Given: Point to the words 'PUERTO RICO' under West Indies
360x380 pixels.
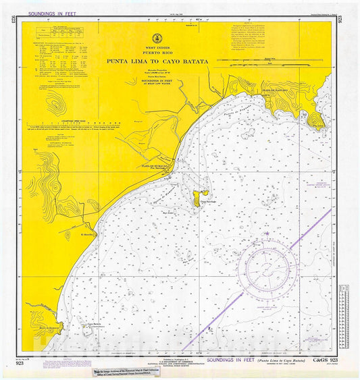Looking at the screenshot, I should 156,53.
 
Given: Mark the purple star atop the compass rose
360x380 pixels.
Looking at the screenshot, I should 268,234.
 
